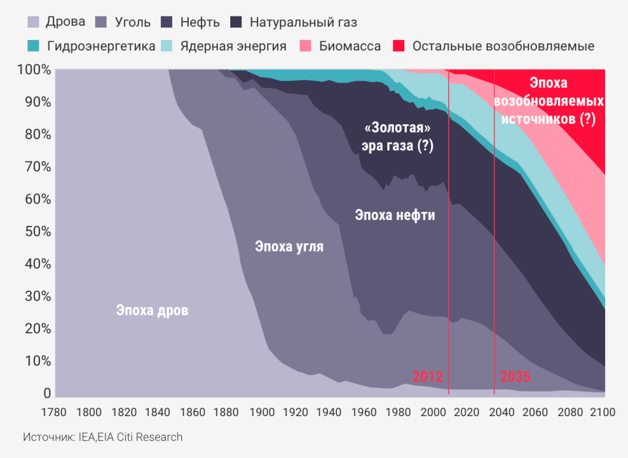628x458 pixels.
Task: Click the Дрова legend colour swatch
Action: tap(33, 22)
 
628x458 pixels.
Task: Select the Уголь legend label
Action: tap(133, 22)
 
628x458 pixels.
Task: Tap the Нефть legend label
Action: tap(200, 22)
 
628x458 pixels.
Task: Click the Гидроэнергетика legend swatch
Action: tap(33, 46)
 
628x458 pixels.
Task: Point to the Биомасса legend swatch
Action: tap(305, 46)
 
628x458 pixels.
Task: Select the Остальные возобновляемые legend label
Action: tap(504, 46)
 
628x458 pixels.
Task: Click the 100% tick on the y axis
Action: tap(35, 70)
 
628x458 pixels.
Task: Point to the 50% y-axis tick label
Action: tap(38, 232)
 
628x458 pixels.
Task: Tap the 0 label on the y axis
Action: tap(47, 393)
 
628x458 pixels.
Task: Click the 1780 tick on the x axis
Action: tap(54, 412)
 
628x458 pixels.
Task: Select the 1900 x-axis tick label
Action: tap(262, 412)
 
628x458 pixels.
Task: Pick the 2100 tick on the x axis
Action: tap(602, 412)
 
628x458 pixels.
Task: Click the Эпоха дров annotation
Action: tap(152, 311)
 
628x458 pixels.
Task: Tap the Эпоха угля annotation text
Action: tap(289, 246)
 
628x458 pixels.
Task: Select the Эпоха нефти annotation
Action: tap(395, 215)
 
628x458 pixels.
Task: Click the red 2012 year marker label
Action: tap(428, 377)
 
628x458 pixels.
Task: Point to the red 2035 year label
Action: tap(515, 377)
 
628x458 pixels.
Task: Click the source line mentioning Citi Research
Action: tap(103, 437)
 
